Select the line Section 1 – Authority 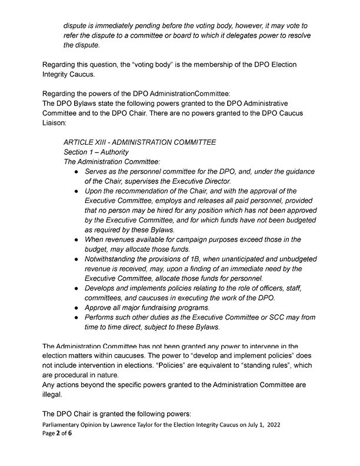click(96, 152)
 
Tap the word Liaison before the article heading click(56, 122)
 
